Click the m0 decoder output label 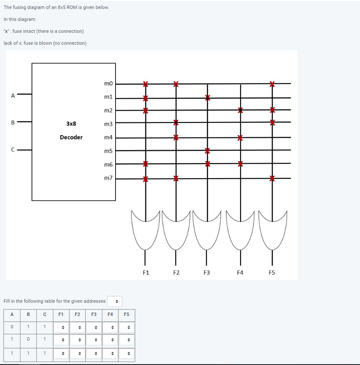108,84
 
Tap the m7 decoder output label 108,178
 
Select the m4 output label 108,138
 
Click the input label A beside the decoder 13,96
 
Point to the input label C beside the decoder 13,150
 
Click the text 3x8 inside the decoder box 71,124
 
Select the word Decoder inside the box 71,137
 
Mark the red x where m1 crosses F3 207,98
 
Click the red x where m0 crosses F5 272,84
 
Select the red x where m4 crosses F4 240,138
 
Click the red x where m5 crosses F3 207,151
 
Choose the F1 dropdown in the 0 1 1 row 62,327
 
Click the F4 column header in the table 110,315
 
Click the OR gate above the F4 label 240,230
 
